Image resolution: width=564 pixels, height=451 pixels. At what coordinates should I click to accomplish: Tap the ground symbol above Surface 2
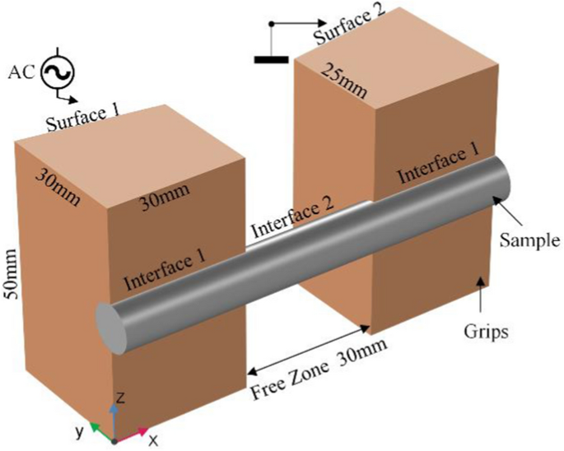point(271,58)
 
